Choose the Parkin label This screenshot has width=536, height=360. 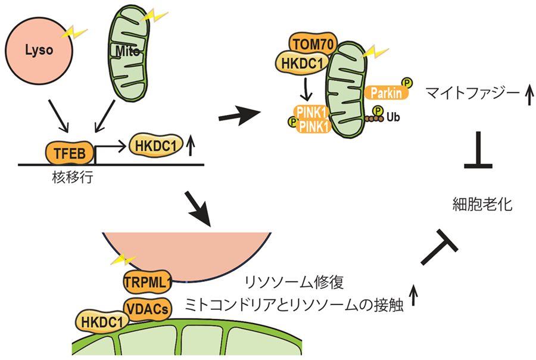tap(385, 93)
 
